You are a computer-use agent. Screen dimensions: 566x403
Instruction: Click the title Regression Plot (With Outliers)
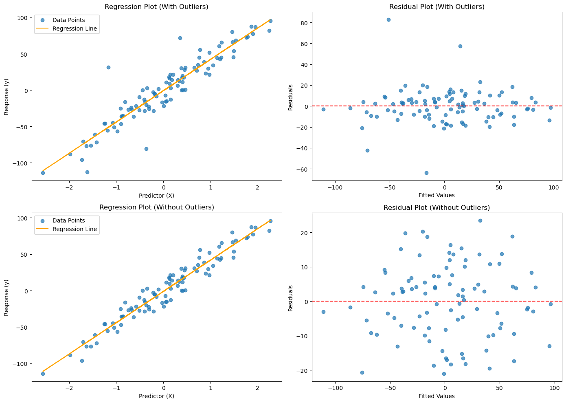(x=156, y=7)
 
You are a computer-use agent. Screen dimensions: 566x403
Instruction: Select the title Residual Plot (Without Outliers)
(x=437, y=207)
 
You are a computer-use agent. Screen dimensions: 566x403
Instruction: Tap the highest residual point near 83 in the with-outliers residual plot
(x=388, y=20)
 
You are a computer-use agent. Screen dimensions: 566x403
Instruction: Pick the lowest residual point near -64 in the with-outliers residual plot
(x=426, y=173)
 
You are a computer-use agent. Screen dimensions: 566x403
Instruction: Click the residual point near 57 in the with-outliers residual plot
(x=461, y=46)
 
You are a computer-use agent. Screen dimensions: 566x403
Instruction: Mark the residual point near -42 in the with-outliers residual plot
(x=367, y=150)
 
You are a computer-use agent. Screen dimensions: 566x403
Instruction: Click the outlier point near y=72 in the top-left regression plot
(x=180, y=38)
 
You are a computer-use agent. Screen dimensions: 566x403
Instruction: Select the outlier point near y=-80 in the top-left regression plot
(x=146, y=149)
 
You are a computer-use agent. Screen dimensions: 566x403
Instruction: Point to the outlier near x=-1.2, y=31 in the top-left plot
(x=108, y=68)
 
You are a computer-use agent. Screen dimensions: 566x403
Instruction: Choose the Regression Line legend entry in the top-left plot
(x=67, y=29)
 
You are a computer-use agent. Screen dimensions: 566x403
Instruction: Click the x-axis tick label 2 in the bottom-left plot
(x=257, y=388)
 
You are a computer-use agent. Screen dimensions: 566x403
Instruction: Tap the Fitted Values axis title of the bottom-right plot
(x=437, y=396)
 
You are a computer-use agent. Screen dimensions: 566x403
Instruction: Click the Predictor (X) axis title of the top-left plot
(x=156, y=196)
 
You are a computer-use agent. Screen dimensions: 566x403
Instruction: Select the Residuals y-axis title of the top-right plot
(x=291, y=97)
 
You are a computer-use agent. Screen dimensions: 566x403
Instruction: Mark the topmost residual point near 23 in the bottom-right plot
(x=480, y=221)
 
